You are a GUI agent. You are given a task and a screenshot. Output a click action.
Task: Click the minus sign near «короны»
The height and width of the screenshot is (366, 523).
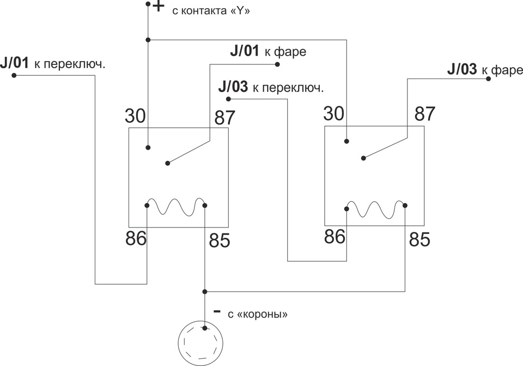(217, 311)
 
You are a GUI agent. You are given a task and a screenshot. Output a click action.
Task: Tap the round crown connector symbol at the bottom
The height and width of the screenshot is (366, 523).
(201, 343)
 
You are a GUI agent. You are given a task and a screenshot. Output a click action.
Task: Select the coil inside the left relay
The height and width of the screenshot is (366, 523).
(176, 207)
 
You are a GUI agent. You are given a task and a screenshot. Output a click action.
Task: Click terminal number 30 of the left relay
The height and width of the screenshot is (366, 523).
(136, 116)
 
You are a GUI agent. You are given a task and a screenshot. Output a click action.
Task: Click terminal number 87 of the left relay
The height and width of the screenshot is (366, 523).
(225, 117)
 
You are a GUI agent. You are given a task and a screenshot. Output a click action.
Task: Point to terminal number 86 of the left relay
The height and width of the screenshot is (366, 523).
(136, 238)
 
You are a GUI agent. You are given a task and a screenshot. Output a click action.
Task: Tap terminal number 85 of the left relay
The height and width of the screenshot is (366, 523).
(220, 240)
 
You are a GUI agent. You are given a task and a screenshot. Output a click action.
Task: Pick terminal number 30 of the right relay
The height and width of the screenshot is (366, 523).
(334, 113)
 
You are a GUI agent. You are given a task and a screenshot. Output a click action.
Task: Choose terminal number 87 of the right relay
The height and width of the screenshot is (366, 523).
(425, 114)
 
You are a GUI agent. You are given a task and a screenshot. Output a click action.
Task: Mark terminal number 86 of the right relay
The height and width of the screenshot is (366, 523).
(335, 236)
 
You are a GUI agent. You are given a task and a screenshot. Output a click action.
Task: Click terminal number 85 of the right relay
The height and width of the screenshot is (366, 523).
(419, 239)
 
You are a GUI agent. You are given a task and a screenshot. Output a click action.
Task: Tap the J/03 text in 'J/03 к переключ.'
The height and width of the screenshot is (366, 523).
(233, 87)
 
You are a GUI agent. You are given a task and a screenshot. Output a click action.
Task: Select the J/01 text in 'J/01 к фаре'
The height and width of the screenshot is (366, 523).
(245, 51)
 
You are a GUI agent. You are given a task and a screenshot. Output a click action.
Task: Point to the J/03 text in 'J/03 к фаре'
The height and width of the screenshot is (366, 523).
(462, 69)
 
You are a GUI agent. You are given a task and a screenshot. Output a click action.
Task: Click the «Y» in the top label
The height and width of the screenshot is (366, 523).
(240, 11)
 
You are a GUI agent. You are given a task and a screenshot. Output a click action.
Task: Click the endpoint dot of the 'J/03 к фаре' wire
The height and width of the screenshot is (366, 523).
(488, 79)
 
